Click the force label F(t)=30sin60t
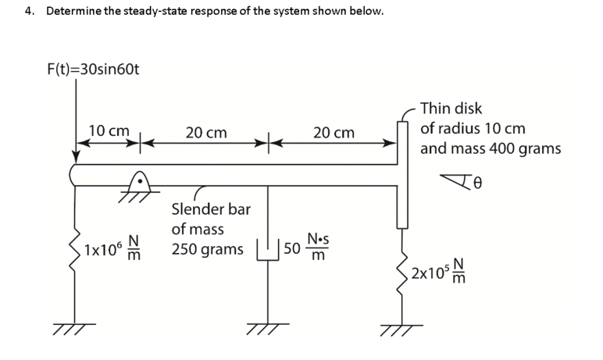[93, 70]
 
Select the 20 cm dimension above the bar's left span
[206, 134]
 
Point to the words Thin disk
[451, 109]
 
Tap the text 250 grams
[207, 250]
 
